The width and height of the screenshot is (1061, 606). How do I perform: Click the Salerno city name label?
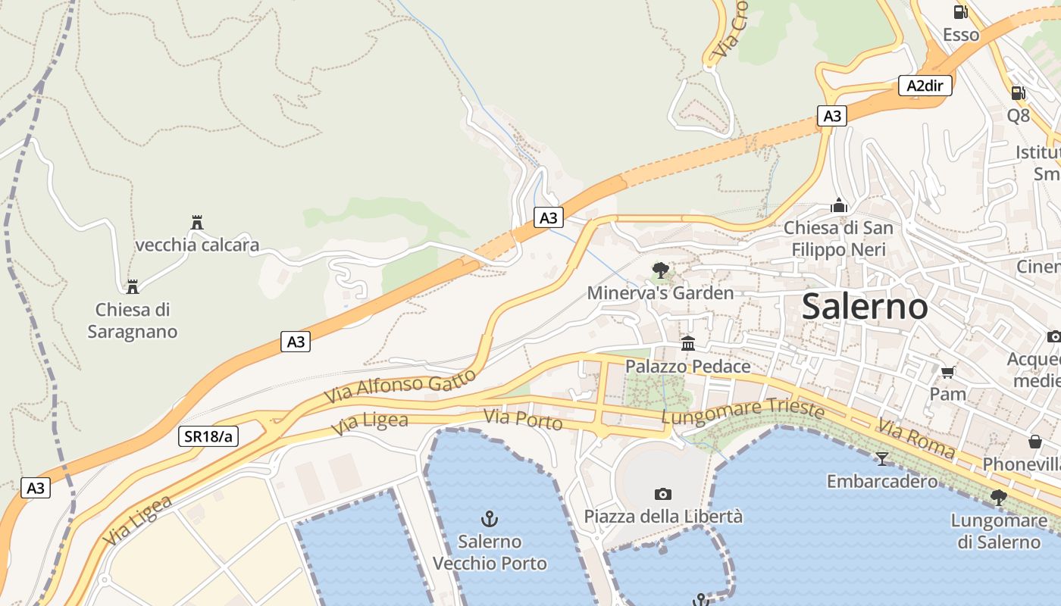tap(864, 307)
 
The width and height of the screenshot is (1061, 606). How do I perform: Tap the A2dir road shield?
tap(925, 86)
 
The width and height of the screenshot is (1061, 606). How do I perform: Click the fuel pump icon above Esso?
tap(960, 12)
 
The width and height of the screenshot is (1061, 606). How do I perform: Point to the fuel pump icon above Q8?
tap(1018, 93)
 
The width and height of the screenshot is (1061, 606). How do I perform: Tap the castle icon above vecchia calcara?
tap(197, 223)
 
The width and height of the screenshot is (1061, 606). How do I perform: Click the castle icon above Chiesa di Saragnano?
tap(133, 287)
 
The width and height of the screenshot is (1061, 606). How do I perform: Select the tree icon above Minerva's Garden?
tap(660, 270)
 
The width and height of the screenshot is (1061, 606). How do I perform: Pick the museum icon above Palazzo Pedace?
tap(687, 344)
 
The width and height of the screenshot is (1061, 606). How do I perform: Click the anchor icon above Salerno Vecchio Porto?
tap(490, 519)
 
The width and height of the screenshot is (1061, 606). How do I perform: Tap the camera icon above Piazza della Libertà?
tap(662, 495)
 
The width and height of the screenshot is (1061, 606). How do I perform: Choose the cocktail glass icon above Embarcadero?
tap(881, 458)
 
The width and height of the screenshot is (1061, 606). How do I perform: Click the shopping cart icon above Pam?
tap(947, 371)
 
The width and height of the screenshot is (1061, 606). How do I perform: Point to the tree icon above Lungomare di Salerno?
tap(998, 498)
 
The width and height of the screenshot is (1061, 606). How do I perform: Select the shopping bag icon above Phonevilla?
tap(1034, 441)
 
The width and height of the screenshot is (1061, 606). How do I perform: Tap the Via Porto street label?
tap(523, 419)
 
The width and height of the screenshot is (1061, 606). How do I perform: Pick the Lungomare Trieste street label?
tap(743, 411)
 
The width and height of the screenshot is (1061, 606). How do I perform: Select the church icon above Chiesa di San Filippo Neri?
tap(838, 205)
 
